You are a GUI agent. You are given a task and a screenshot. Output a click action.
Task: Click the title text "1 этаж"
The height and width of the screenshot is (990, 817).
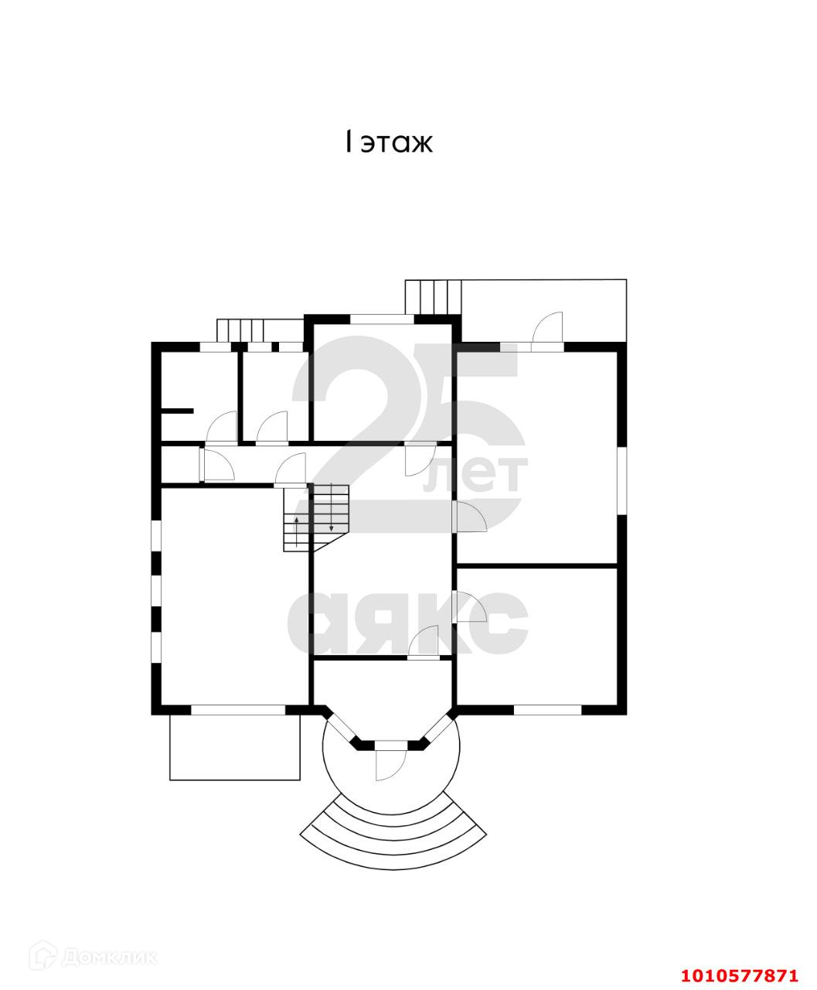tap(389, 143)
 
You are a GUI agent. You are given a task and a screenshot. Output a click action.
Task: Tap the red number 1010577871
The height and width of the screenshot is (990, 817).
tap(740, 975)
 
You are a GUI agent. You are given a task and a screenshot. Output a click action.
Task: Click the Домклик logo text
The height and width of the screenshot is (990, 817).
tap(108, 958)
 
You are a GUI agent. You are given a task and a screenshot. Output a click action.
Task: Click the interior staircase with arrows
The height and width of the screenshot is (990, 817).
tap(317, 517)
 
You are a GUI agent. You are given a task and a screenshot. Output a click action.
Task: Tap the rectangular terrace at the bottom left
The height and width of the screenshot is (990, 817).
tap(234, 746)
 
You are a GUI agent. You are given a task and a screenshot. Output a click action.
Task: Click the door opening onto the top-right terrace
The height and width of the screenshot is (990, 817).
tap(547, 334)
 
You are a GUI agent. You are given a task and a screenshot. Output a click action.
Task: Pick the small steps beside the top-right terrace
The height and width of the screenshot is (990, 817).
tap(433, 297)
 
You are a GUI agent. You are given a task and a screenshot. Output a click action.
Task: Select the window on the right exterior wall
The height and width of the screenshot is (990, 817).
tap(621, 480)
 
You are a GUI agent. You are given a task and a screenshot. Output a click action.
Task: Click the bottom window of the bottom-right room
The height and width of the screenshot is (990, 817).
tap(547, 709)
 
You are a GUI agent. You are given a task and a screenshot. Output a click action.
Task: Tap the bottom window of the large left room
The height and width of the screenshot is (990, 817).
tap(237, 709)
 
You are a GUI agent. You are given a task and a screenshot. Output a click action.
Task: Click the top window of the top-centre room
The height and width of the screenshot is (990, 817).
tap(380, 318)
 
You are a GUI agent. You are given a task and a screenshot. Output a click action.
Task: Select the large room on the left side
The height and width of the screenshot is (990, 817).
tap(232, 596)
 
